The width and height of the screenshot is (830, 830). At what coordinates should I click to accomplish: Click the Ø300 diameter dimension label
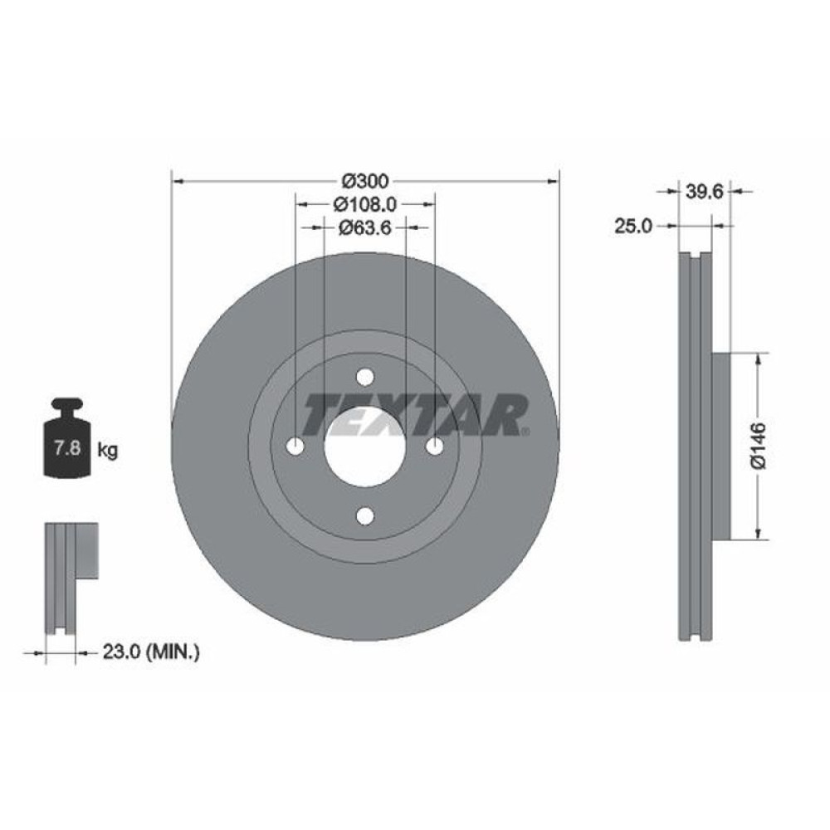[x=365, y=180]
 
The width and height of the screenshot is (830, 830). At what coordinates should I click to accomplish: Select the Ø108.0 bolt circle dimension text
[x=365, y=203]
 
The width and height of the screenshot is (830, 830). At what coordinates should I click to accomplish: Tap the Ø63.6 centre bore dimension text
[x=365, y=226]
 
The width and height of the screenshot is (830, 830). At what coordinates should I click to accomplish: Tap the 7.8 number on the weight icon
[x=66, y=450]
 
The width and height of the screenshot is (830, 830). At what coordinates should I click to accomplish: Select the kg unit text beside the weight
[x=107, y=451]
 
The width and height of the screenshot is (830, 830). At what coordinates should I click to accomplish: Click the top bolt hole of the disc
[x=364, y=378]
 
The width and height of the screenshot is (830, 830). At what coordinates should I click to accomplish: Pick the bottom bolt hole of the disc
[x=364, y=516]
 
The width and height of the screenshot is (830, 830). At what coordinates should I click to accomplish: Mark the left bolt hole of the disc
[x=295, y=447]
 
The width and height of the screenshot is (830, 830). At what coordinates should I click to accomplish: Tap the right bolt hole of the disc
[x=434, y=447]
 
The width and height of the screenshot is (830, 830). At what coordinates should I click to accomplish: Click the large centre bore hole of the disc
[x=364, y=447]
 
